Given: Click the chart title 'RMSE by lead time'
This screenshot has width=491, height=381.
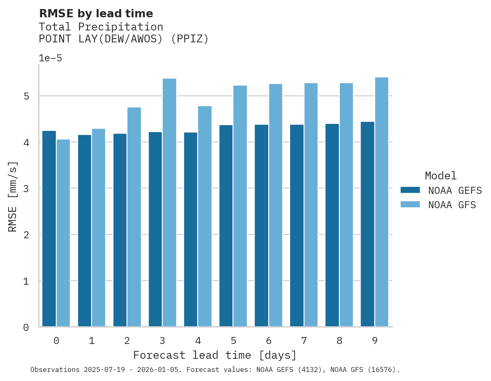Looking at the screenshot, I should click(96, 14).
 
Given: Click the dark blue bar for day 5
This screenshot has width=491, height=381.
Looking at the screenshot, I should click(226, 226).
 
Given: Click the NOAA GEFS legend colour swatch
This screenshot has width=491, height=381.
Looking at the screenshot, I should click(410, 190).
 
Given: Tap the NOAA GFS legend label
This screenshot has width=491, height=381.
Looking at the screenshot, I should click(452, 205).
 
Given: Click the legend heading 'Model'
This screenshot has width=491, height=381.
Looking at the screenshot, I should click(440, 176).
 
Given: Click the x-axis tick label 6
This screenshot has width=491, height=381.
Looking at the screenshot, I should click(269, 341).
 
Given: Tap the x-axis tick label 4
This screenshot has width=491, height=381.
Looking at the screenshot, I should click(198, 341).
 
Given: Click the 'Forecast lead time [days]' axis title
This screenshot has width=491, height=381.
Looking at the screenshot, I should click(214, 355).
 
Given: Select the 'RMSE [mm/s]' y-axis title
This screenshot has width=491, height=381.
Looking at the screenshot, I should click(13, 197).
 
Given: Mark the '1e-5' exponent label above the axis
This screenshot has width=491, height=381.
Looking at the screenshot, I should click(50, 58).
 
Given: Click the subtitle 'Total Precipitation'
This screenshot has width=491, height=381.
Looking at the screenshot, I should click(101, 27).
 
